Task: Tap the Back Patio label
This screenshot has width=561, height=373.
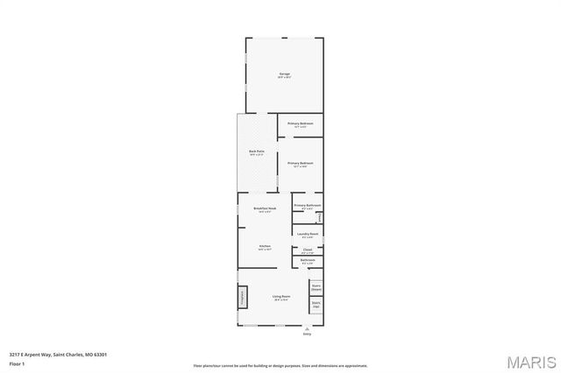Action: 256,153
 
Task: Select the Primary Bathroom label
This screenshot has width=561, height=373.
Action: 307,207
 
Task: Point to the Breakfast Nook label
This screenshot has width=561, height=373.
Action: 265,208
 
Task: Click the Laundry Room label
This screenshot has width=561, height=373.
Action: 307,235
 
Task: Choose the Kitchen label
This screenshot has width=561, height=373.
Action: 265,247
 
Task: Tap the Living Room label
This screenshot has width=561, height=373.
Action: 280,299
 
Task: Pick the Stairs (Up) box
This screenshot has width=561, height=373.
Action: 316,305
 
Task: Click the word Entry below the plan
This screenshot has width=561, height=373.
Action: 307,334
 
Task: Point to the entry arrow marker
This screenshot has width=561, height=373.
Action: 307,327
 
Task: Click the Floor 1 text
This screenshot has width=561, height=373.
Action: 16,362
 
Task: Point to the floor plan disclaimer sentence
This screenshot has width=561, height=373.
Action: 280,365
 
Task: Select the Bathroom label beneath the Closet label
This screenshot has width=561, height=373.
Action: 307,261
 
